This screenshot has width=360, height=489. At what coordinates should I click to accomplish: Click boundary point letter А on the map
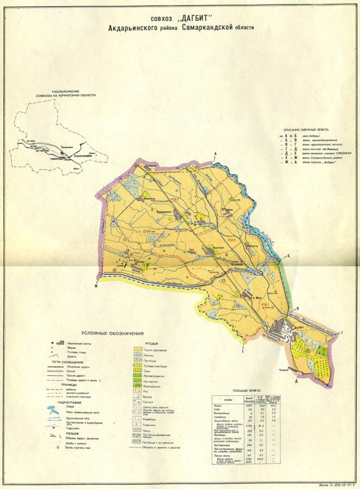(x=215, y=155)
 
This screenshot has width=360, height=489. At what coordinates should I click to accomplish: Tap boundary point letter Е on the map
(x=242, y=352)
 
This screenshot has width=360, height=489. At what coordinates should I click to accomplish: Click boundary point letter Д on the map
(x=296, y=381)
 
